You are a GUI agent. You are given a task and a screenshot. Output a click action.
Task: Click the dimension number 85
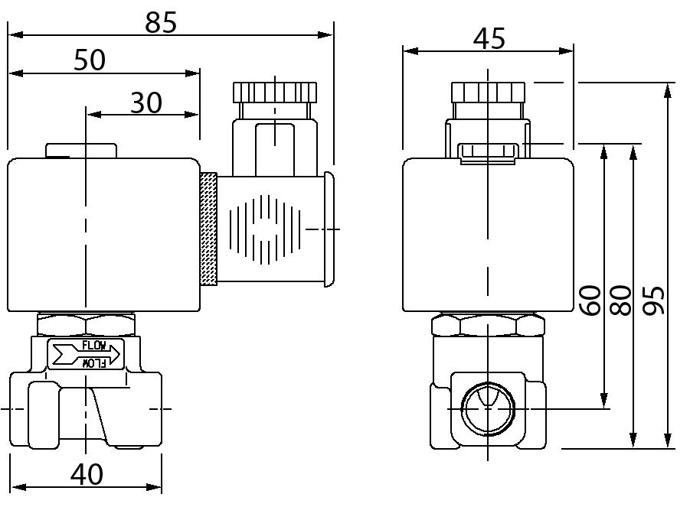tap(162, 22)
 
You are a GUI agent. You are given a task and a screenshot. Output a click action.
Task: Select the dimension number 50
tap(90, 60)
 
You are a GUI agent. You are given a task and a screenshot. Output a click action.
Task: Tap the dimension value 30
tap(146, 102)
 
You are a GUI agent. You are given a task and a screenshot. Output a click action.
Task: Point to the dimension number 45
tap(489, 38)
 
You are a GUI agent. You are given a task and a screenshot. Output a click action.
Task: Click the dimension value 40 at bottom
tap(86, 474)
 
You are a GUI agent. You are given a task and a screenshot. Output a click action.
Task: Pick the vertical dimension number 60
tap(590, 301)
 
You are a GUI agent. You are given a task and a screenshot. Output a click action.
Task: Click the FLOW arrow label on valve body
tap(86, 353)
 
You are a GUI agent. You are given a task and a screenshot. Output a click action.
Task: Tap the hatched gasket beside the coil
tap(208, 229)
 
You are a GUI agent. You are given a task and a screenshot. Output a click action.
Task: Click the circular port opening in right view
tap(488, 408)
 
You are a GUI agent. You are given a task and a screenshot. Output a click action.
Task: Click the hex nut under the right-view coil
tap(488, 326)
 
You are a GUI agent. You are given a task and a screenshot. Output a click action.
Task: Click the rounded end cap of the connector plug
tap(329, 229)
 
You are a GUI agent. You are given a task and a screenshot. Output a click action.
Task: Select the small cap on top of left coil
tap(81, 151)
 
